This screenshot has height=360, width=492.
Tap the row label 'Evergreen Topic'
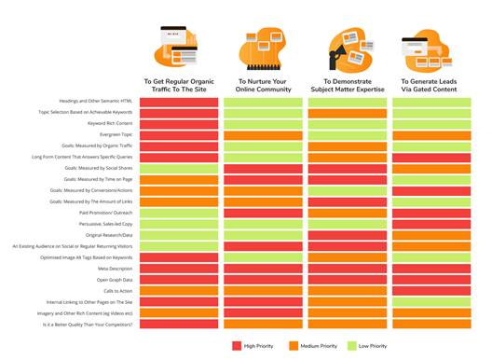click(116, 134)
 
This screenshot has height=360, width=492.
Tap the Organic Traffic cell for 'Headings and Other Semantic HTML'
click(180, 102)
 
